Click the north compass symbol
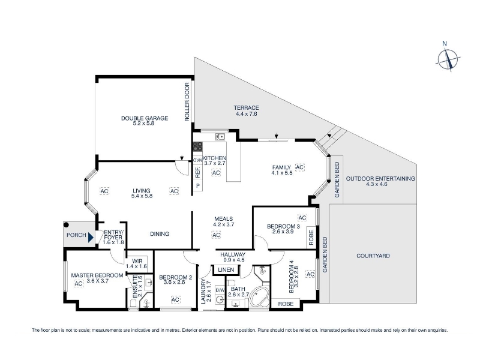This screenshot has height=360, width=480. point(448,58)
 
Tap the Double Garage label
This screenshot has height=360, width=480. point(145,121)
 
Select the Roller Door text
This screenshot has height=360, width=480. point(187,102)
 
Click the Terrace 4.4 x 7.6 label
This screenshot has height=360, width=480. point(246,111)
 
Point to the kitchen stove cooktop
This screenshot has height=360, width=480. point(197,146)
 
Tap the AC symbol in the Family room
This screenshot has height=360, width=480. point(299,167)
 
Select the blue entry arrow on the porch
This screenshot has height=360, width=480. point(91,237)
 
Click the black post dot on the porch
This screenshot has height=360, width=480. point(67,225)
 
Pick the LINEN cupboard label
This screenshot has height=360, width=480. point(226,269)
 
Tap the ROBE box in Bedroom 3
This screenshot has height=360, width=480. point(311,237)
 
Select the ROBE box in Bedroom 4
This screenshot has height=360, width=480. point(286,304)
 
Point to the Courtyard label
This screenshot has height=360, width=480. point(373,256)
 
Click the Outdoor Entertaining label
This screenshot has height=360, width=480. point(380,181)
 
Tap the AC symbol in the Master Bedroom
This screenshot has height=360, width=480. point(79,284)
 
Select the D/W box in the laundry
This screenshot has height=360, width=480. point(220,290)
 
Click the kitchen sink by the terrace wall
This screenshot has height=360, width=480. point(220,137)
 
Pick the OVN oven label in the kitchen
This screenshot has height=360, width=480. point(198,160)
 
